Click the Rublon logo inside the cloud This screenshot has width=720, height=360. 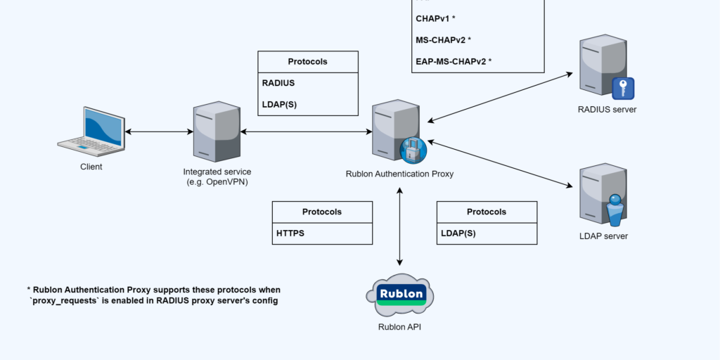pos(401,294)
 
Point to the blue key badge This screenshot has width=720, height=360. pos(623,89)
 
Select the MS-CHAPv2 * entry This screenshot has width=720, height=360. pos(443,39)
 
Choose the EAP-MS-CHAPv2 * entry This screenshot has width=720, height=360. pos(454,61)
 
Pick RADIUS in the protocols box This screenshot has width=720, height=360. pos(278,83)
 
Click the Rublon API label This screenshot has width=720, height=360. pos(400,326)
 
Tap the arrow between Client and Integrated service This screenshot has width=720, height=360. pos(158,131)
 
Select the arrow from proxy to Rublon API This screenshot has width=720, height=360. pos(400,226)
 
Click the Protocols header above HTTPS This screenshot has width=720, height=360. pos(322,212)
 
